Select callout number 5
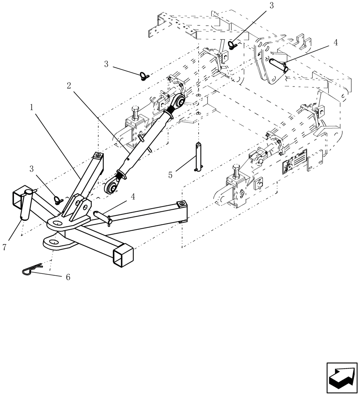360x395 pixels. coord(170,174)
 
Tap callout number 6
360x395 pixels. coord(68,277)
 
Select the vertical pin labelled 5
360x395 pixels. coord(199,157)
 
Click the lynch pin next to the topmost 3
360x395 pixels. coord(232,45)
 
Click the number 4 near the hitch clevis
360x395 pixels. coord(133,197)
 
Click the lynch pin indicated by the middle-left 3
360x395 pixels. coord(143,76)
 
